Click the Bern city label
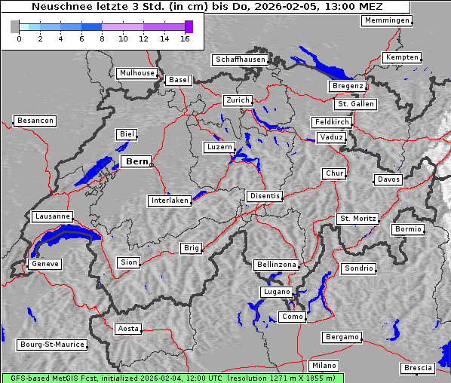137,161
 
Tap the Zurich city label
237,100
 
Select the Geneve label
44,264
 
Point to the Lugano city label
276,292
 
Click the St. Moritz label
357,219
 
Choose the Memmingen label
386,20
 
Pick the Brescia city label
418,368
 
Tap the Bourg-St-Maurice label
51,345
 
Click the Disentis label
264,196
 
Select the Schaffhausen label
239,60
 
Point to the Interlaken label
169,201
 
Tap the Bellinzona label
277,265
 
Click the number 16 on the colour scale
185,38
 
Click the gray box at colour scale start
15,26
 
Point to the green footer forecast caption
172,378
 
